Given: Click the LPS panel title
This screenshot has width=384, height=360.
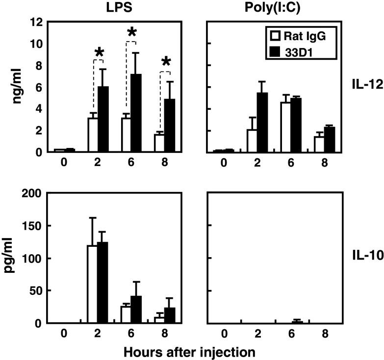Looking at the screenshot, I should pos(119,8).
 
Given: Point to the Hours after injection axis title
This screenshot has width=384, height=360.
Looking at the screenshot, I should pos(189,351).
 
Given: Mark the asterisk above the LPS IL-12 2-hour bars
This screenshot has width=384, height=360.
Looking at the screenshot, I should pos(99,52).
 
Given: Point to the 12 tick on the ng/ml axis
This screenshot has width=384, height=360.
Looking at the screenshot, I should pos(35,23).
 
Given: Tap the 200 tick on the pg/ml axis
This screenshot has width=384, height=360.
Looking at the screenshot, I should pos(30,193).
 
